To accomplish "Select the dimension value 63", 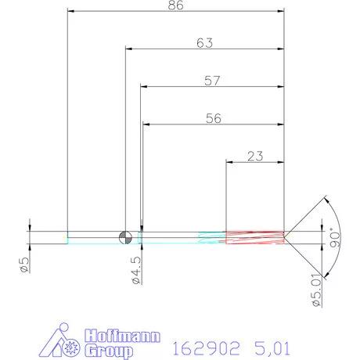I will [204, 44].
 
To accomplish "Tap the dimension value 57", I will [212, 81].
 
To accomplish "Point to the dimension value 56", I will [212, 118].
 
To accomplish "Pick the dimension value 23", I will [254, 156].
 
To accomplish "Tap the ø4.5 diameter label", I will [135, 267].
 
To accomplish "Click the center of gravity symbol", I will [125, 237].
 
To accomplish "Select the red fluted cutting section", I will [255, 237].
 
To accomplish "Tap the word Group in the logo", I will [106, 352].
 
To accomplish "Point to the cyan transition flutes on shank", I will [211, 237].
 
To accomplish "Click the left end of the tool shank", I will [68, 237].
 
